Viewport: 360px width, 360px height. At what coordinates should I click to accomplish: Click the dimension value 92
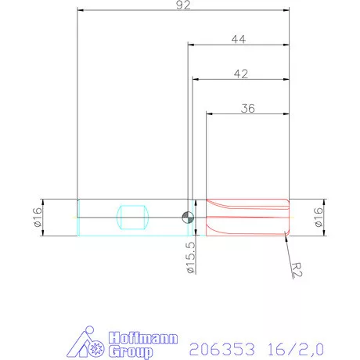pos(184,7)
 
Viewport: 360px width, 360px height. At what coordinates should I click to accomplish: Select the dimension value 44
pos(238,38)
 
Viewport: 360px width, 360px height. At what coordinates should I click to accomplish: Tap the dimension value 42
pos(240,74)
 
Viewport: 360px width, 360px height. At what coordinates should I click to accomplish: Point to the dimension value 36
pos(247,109)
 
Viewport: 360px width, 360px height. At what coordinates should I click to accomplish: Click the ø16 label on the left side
pos(36,216)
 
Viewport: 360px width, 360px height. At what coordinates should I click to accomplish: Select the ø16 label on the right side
pos(319,216)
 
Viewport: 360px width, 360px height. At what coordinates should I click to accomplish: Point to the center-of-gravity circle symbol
pos(188,217)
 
